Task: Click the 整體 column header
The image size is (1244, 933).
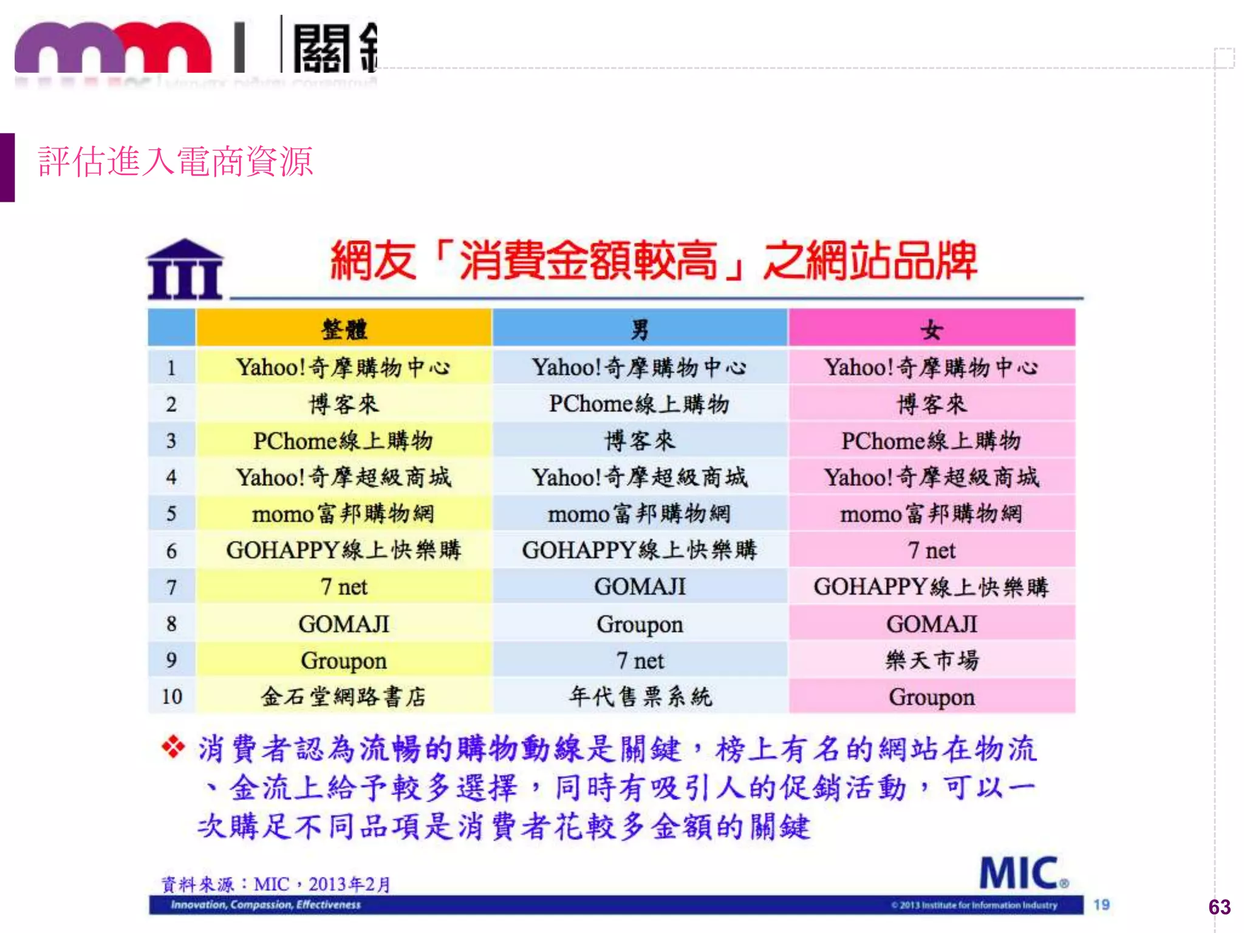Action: pos(344,329)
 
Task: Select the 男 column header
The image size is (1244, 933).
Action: pos(640,329)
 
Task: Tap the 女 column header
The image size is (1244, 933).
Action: pos(931,329)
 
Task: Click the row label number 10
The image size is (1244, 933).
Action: pos(172,696)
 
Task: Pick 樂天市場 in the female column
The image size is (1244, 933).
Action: pos(932,660)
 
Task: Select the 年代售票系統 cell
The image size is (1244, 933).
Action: pos(640,696)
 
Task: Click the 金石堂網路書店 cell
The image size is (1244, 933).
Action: pos(344,696)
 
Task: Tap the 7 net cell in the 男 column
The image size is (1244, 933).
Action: pos(640,660)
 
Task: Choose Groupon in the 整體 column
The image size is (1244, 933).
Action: pos(344,660)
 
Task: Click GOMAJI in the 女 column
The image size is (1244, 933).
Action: pos(932,624)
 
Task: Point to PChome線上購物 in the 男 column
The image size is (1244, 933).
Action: pos(640,404)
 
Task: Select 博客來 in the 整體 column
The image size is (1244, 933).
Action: pos(344,404)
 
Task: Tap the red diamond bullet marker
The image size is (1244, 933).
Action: pos(174,747)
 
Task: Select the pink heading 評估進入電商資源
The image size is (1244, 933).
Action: pos(175,162)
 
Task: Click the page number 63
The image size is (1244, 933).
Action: pos(1219,907)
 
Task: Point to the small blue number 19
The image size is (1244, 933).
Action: pos(1101,904)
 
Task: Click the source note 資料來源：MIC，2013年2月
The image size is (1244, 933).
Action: pos(276,884)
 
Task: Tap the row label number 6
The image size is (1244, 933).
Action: pos(172,550)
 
